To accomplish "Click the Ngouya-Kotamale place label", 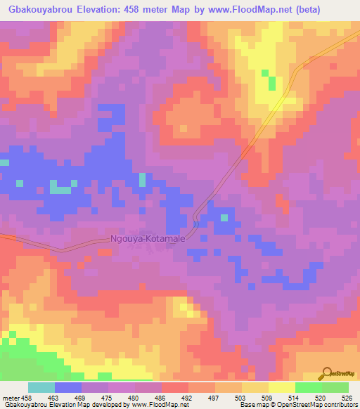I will (148, 239).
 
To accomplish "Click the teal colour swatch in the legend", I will (41, 387).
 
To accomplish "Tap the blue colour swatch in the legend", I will (68, 387).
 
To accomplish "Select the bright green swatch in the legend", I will (308, 387).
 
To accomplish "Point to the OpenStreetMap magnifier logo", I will (328, 372).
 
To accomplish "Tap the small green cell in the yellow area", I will (265, 72).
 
